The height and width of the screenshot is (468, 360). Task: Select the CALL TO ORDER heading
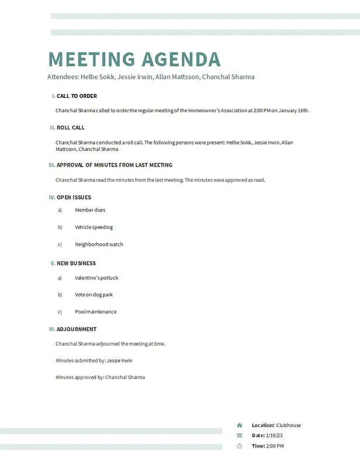coord(77,96)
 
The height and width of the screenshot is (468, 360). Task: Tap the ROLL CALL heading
coord(71,128)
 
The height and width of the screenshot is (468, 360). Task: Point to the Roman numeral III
coord(52,165)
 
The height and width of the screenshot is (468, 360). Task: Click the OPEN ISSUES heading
coord(74,197)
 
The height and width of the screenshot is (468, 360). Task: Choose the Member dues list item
coord(90,210)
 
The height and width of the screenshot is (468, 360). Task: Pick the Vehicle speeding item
coord(94,227)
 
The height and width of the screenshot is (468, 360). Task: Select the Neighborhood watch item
coord(99,245)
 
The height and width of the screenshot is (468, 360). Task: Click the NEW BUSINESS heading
coord(76,263)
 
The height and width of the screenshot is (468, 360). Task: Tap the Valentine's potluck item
coord(96,278)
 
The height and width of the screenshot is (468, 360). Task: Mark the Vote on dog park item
coord(94,295)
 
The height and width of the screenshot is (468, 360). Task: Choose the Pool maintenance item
coord(95,312)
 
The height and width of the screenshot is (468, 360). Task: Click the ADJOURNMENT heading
coord(77,329)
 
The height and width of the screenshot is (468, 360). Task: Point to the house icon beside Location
coord(240,425)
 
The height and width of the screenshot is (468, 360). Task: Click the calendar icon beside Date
coord(240,435)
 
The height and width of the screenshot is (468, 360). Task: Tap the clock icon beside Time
coord(240,446)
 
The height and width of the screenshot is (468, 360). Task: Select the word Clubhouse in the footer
coord(289,425)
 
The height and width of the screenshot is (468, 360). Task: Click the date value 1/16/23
coord(274,435)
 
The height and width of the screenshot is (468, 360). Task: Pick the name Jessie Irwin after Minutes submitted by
coord(120,360)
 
